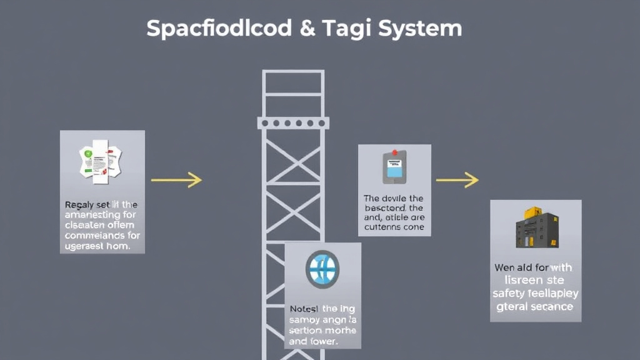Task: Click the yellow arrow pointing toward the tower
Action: tap(176, 181)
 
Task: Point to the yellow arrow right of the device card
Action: tap(457, 181)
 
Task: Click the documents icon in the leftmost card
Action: tap(100, 161)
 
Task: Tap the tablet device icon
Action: tap(394, 167)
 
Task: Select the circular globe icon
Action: tap(322, 269)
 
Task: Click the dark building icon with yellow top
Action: tap(536, 229)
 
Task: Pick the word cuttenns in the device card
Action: tap(382, 227)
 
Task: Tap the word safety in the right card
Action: tap(507, 293)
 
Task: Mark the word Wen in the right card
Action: tap(505, 268)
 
